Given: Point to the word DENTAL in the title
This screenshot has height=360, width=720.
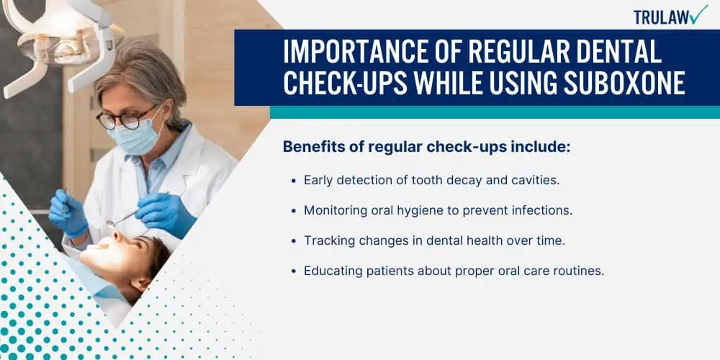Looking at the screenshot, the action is pyautogui.click(x=618, y=52).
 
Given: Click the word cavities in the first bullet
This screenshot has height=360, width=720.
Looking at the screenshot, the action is pyautogui.click(x=536, y=181).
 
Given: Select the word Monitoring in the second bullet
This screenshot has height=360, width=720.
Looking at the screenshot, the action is pyautogui.click(x=330, y=211).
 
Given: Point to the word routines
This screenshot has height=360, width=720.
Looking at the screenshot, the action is pyautogui.click(x=581, y=271).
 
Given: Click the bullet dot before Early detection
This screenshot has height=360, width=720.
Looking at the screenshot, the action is pyautogui.click(x=294, y=181).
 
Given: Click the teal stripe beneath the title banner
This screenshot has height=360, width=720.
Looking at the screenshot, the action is pyautogui.click(x=495, y=112).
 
